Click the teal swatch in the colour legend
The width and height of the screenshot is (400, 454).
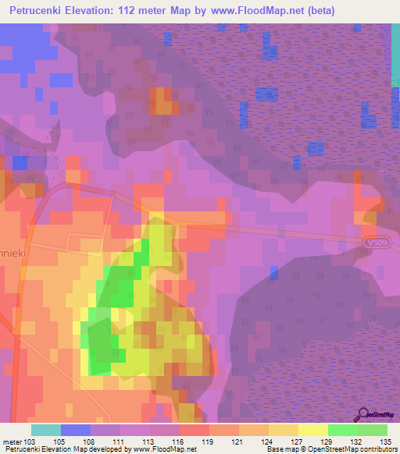click(46, 430)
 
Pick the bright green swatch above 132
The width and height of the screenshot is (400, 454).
click(343, 430)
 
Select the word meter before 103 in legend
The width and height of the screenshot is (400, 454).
click(12, 442)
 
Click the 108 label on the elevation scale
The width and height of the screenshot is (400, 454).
click(91, 442)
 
